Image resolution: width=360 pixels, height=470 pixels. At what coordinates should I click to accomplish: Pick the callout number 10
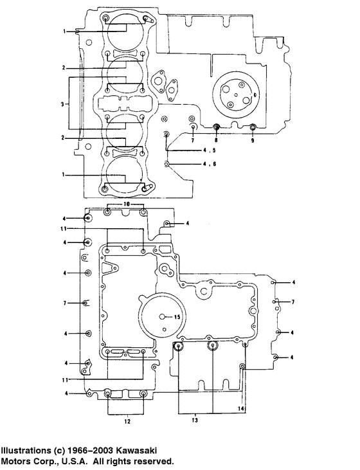pyautogui.click(x=126, y=203)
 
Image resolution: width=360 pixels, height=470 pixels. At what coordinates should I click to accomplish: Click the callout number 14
pyautogui.click(x=241, y=408)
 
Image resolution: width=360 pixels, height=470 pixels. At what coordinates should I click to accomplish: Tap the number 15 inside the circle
pyautogui.click(x=178, y=316)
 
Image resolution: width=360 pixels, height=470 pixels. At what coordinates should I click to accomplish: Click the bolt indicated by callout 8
pyautogui.click(x=217, y=127)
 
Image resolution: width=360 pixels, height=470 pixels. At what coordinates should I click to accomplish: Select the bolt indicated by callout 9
pyautogui.click(x=253, y=127)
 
